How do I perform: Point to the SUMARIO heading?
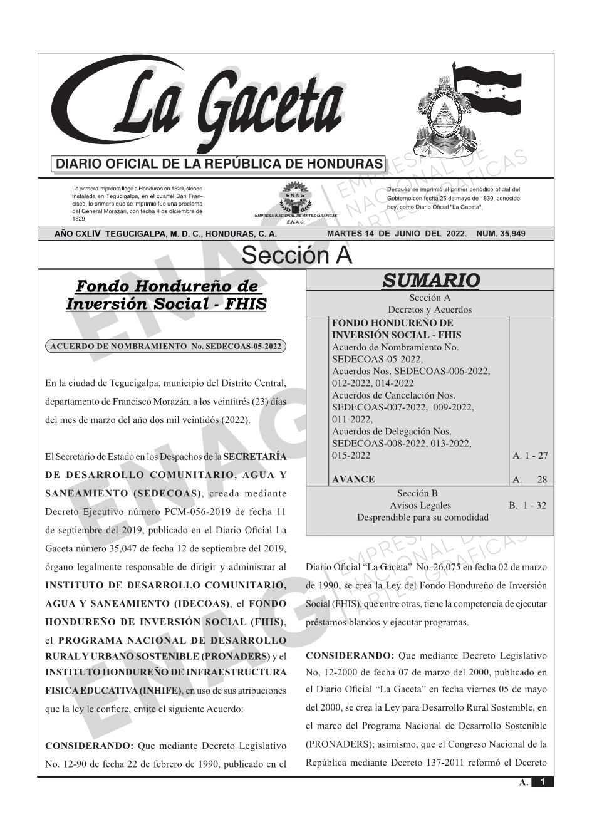pyautogui.click(x=430, y=281)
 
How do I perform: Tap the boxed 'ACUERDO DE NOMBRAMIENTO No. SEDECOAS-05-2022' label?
pyautogui.click(x=166, y=346)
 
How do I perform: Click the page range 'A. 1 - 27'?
pyautogui.click(x=530, y=456)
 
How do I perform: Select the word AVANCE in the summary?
pyautogui.click(x=353, y=479)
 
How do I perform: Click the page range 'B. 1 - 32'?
pyautogui.click(x=527, y=505)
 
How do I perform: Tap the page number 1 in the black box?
pyautogui.click(x=543, y=782)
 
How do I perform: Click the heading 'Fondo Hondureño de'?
pyautogui.click(x=166, y=286)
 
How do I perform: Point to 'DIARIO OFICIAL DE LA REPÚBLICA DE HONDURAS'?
pyautogui.click(x=219, y=164)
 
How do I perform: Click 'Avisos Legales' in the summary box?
pyautogui.click(x=420, y=505)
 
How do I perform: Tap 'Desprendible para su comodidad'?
pyautogui.click(x=423, y=518)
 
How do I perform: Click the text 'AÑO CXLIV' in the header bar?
pyautogui.click(x=78, y=234)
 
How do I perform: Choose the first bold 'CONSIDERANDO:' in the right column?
pyautogui.click(x=350, y=656)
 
